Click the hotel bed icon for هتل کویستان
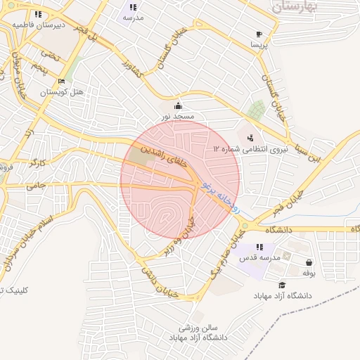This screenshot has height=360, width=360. click(x=61, y=82)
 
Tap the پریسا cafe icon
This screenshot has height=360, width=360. click(x=259, y=34)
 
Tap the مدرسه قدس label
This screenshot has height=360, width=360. click(x=260, y=258)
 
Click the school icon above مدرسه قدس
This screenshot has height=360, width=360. click(x=260, y=247)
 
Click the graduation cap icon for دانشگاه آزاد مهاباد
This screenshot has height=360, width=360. click(x=282, y=285)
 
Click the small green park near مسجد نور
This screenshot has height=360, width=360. click(x=257, y=110)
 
